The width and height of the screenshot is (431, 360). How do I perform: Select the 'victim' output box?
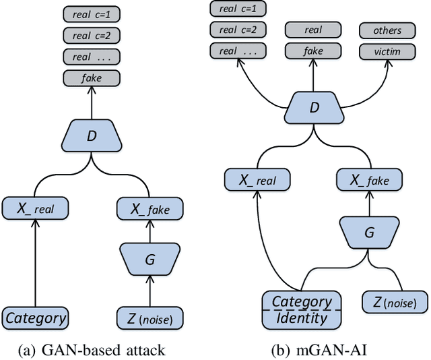(x=389, y=51)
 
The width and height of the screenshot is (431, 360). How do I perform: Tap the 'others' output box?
(x=389, y=30)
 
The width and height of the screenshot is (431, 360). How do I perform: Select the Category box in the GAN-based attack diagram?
(x=36, y=318)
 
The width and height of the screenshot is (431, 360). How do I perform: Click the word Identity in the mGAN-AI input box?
(x=302, y=317)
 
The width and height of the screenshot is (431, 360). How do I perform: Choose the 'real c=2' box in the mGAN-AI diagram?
(x=236, y=30)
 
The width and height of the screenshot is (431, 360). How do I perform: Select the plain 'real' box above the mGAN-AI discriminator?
(x=313, y=30)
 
